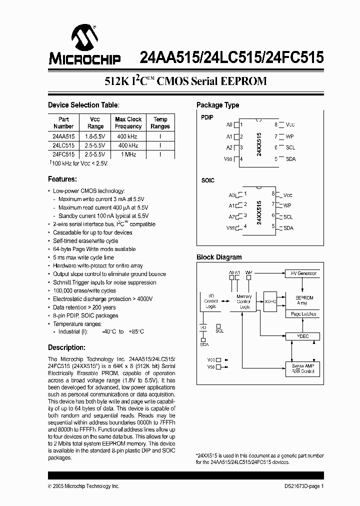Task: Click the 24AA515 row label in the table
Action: [x=63, y=136]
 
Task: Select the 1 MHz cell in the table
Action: [x=128, y=154]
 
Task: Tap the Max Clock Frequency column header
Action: [x=128, y=123]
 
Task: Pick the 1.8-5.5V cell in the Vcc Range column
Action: [x=94, y=136]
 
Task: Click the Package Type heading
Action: [x=217, y=105]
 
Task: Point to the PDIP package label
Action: [x=207, y=117]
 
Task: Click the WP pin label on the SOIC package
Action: [x=287, y=205]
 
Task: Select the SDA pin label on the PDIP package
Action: [x=290, y=159]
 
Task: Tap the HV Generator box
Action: [x=303, y=273]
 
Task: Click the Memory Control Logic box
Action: [x=244, y=301]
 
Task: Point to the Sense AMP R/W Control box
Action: [x=303, y=369]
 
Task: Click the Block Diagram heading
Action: [x=219, y=257]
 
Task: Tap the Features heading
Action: [x=62, y=179]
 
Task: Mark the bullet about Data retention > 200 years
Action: [x=84, y=307]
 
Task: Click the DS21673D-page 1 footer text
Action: [x=301, y=486]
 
